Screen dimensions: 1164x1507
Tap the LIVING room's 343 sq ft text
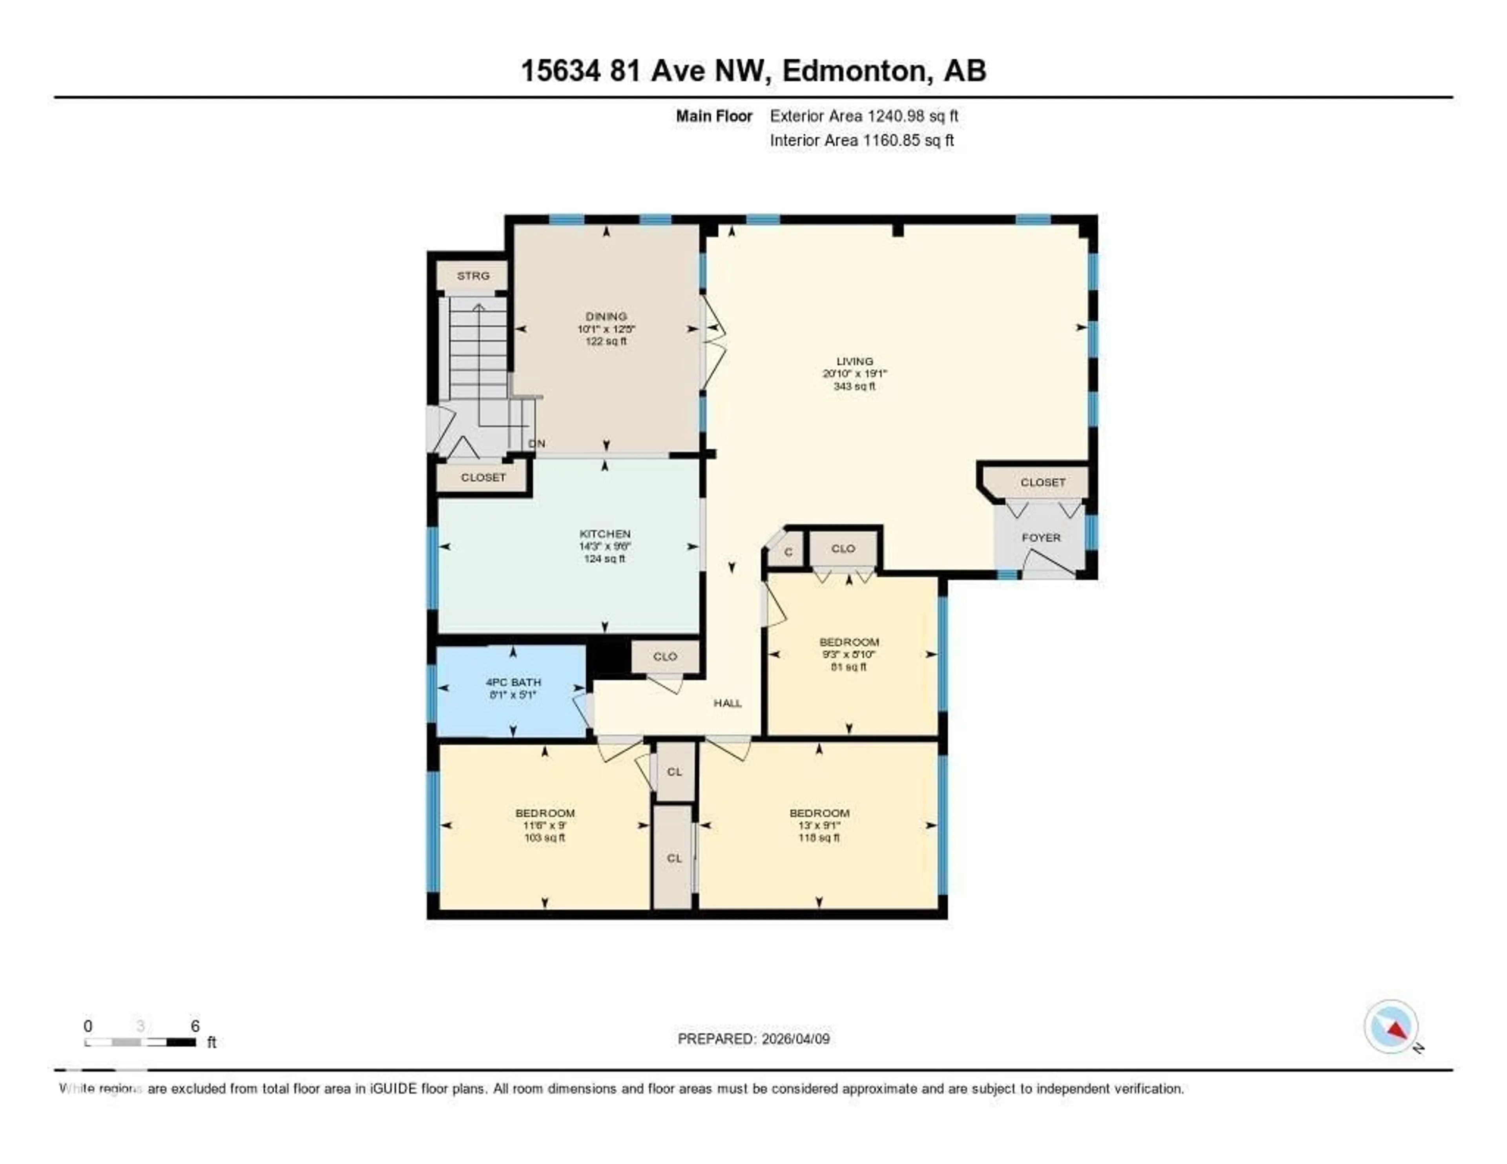[x=854, y=387]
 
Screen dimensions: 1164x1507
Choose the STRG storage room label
[x=473, y=276]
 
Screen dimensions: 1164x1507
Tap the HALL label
[x=727, y=703]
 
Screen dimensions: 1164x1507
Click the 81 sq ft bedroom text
[x=849, y=667]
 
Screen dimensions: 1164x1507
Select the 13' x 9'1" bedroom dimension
[x=819, y=825]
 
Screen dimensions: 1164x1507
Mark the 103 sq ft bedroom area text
[x=544, y=837]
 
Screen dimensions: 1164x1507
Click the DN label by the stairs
[x=537, y=443]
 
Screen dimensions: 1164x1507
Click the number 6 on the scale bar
[x=195, y=1026]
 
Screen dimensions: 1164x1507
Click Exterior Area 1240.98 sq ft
[x=864, y=116]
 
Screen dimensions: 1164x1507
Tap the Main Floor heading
[x=713, y=116]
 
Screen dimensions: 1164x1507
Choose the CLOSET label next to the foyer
[x=1043, y=482]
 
